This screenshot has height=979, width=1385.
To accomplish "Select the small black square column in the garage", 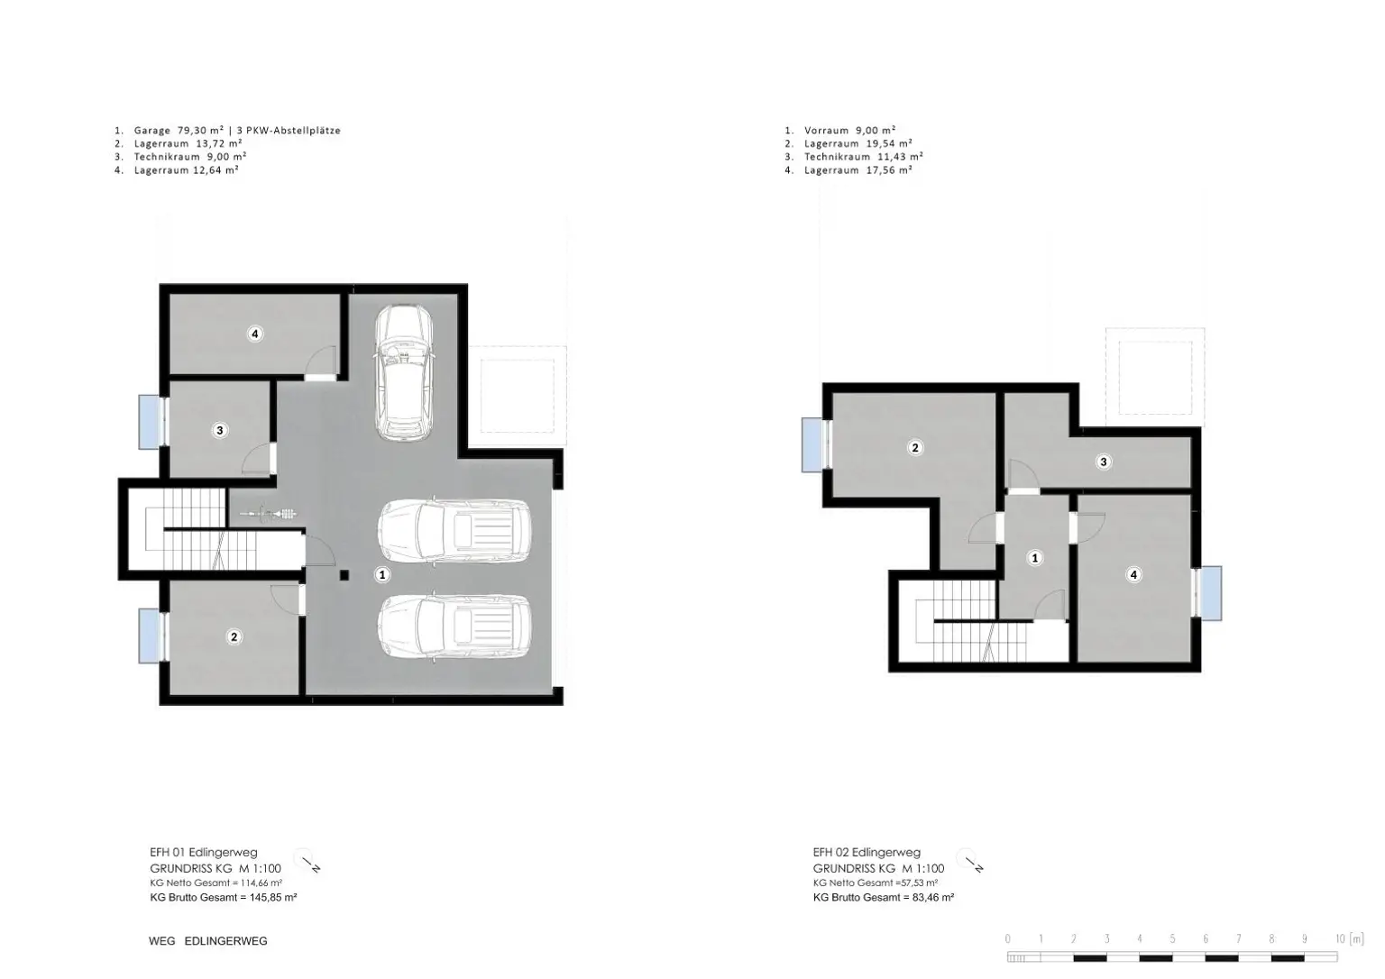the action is [x=344, y=575].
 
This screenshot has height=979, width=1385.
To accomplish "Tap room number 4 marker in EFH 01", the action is [x=255, y=334].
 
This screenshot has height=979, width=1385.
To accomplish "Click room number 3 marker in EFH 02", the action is [x=1104, y=462].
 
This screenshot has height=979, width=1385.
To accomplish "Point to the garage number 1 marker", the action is [x=382, y=575].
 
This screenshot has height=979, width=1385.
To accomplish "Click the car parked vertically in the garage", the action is [x=404, y=372].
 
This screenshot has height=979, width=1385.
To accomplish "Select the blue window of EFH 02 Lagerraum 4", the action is [x=1208, y=593].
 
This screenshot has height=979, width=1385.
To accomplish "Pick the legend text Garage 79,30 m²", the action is [x=179, y=131].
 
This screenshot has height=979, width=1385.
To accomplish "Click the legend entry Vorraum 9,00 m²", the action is [x=849, y=131].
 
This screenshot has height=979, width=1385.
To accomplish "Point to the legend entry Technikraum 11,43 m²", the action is [x=863, y=157].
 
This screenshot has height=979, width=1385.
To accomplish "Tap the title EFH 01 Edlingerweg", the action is [x=204, y=852].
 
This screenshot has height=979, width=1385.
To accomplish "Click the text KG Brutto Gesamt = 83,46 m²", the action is [x=884, y=898].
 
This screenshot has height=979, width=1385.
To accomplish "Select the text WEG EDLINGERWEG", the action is [x=207, y=941].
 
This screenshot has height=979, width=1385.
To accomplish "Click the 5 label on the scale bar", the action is [x=1172, y=938].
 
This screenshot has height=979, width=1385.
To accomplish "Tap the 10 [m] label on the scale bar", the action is [x=1349, y=938].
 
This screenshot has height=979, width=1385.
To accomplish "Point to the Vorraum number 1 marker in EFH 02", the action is [x=1035, y=558].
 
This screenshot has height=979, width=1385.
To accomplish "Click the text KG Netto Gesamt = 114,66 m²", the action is [x=216, y=883].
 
